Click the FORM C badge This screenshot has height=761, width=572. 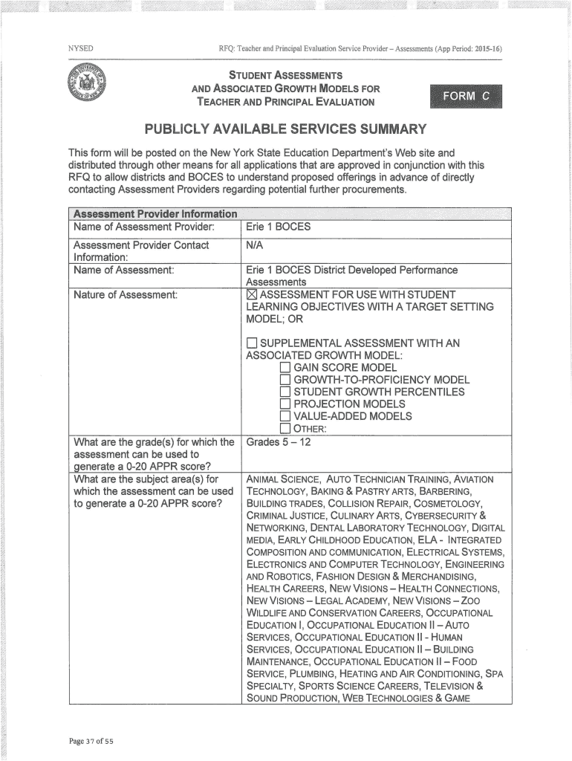(x=466, y=96)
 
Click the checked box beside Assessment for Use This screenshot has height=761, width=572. (x=251, y=295)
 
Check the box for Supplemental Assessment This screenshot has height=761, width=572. (x=251, y=343)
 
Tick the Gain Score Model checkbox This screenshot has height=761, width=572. (x=285, y=368)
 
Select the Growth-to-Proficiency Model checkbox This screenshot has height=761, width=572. (x=285, y=380)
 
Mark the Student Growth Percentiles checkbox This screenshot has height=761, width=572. (x=285, y=392)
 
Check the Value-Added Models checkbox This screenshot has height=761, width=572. (x=285, y=416)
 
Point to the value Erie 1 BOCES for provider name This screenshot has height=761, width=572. (x=279, y=226)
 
